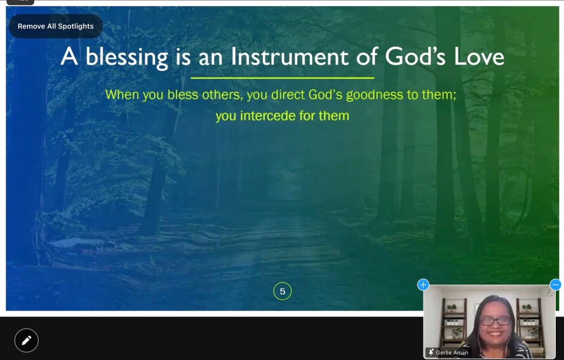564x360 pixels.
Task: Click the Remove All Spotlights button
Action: pyautogui.click(x=56, y=26)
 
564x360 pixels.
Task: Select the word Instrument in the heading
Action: pyautogui.click(x=290, y=57)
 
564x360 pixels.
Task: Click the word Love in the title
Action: pyautogui.click(x=479, y=57)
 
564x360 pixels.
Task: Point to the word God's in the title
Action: pyautogui.click(x=415, y=57)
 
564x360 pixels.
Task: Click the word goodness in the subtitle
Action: pyautogui.click(x=375, y=95)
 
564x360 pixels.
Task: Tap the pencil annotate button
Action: pyautogui.click(x=26, y=340)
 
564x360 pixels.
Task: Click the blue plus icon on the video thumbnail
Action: pyautogui.click(x=423, y=285)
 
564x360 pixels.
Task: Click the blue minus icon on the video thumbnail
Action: pyautogui.click(x=555, y=285)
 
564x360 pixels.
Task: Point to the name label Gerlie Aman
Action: pyautogui.click(x=452, y=352)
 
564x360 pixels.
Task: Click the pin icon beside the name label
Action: pyautogui.click(x=431, y=352)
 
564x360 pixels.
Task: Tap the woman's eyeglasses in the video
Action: pyautogui.click(x=496, y=321)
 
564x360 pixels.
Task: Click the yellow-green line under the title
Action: pyautogui.click(x=283, y=78)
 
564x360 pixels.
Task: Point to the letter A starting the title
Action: pyautogui.click(x=69, y=57)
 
